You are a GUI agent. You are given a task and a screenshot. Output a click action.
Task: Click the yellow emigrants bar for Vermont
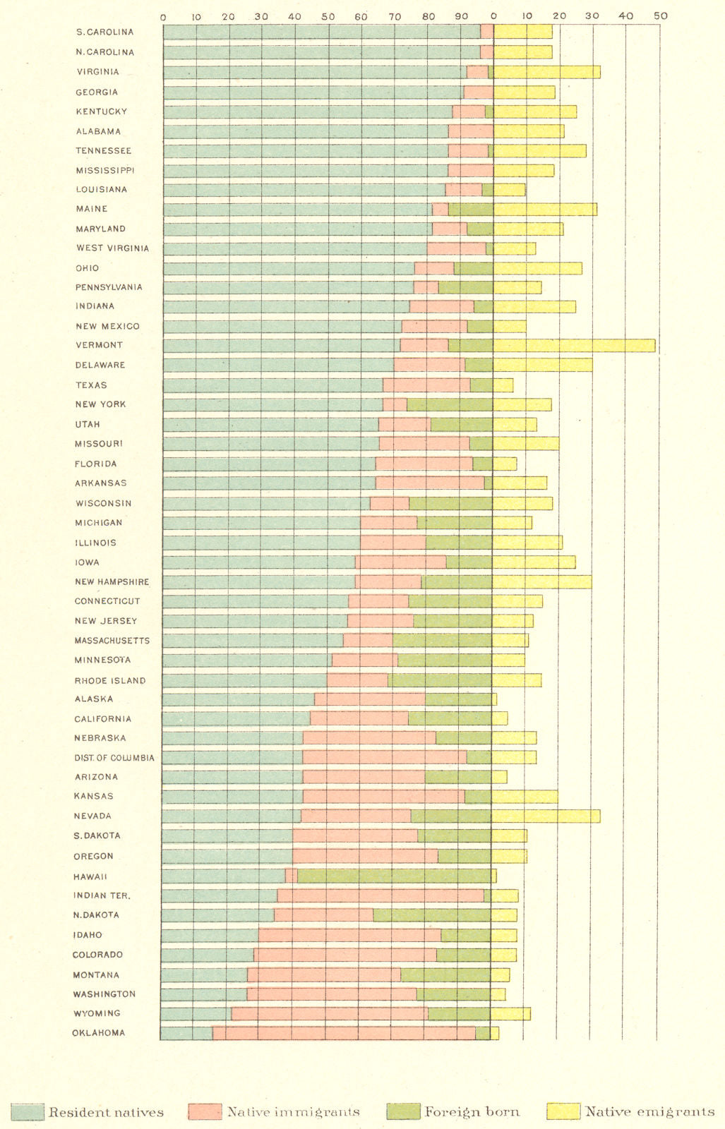pos(574,346)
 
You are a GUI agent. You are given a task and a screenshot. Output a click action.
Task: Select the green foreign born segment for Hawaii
pos(394,876)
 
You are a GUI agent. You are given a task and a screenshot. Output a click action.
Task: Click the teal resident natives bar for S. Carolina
pos(321,32)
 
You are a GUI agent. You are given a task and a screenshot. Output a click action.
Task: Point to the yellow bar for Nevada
pos(545,816)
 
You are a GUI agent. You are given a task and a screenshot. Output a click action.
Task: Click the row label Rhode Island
pos(110,681)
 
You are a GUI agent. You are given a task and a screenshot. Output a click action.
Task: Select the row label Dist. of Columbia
pos(114,758)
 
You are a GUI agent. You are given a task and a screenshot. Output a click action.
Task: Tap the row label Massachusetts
pos(112,641)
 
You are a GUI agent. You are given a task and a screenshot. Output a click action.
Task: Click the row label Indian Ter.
pos(102,895)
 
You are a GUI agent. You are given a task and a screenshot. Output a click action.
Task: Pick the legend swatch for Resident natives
pos(28,1112)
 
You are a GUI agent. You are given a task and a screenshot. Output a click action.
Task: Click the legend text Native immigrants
pos(293,1112)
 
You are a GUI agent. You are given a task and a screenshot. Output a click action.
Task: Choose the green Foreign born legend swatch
pos(404,1112)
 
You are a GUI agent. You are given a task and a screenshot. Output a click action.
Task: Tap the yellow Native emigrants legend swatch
pos(563,1112)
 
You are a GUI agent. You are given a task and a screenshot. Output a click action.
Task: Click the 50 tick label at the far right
pos(660,16)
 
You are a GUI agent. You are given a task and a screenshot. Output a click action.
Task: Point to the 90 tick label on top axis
pos(461,16)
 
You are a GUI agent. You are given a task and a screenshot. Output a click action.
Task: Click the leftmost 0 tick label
pos(163,16)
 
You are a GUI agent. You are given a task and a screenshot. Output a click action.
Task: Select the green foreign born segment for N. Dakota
pos(431,915)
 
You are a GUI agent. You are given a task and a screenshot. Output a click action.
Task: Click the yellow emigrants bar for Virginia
pos(546,72)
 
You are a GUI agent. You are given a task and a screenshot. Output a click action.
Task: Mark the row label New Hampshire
pos(112,582)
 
